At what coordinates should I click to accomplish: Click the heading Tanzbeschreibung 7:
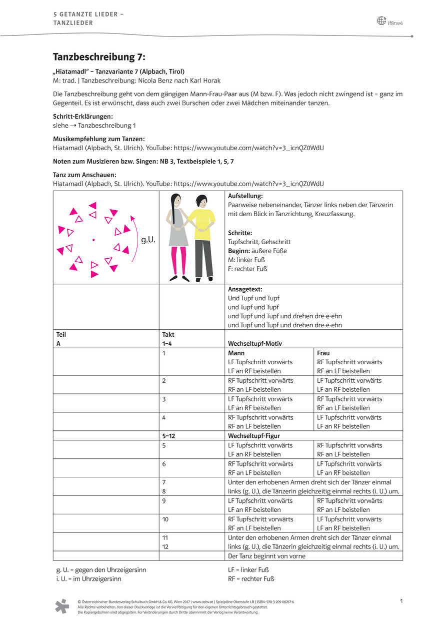[99, 58]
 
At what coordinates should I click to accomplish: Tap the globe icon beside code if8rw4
[381, 21]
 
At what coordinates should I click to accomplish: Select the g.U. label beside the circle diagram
[148, 240]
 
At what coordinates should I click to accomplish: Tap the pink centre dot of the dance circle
[93, 240]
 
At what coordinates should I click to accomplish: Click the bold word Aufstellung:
[245, 196]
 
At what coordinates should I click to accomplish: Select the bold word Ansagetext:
[245, 289]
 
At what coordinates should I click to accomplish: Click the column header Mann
[236, 353]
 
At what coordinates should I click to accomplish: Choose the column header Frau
[323, 353]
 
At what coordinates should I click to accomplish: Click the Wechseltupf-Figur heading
[254, 436]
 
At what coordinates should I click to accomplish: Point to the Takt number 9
[164, 500]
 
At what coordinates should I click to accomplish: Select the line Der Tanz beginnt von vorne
[266, 556]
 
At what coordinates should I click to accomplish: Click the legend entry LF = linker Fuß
[248, 569]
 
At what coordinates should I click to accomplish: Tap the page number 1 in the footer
[402, 600]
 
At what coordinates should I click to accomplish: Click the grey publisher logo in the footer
[62, 605]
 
